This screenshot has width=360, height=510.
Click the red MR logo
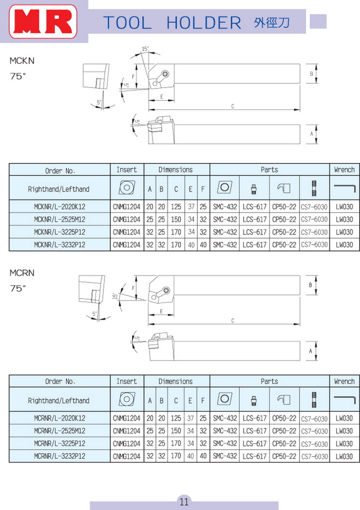click(44, 22)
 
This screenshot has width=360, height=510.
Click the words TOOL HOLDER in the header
click(172, 22)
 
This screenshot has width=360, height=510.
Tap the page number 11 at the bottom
click(184, 501)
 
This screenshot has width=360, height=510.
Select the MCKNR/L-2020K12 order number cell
click(59, 206)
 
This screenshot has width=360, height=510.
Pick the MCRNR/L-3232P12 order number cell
click(59, 456)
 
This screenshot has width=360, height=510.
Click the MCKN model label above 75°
click(22, 61)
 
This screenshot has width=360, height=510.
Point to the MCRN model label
click(22, 273)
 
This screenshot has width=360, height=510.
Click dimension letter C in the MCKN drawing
click(233, 106)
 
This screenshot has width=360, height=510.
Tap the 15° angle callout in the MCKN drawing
click(145, 49)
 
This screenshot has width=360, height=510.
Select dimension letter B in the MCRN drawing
click(310, 285)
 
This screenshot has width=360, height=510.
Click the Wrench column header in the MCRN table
click(344, 381)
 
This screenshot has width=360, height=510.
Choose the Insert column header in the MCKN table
click(126, 170)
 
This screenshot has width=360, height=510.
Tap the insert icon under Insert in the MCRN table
click(126, 400)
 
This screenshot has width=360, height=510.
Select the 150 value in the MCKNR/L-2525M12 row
click(176, 219)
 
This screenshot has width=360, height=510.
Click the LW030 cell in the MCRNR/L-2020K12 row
click(344, 418)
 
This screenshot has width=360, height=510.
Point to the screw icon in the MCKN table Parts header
click(314, 188)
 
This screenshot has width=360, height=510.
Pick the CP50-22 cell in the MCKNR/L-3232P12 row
click(284, 245)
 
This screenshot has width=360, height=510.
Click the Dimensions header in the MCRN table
click(175, 381)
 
